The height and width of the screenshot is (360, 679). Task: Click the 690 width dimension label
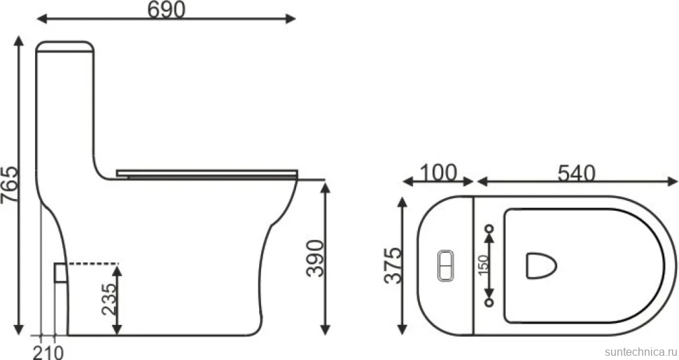click(x=167, y=10)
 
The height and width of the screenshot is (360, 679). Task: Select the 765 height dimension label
click(x=10, y=184)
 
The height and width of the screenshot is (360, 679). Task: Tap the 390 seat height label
click(x=315, y=258)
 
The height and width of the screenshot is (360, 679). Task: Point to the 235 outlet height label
click(x=108, y=299)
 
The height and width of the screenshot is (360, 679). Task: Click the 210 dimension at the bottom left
click(x=48, y=352)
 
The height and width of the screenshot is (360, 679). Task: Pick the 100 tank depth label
click(x=438, y=172)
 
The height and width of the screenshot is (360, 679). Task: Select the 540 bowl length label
click(x=576, y=173)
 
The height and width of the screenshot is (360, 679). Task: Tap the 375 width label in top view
click(x=393, y=265)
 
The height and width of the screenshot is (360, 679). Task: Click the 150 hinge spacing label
click(x=484, y=264)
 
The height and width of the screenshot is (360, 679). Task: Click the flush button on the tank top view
click(x=446, y=265)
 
